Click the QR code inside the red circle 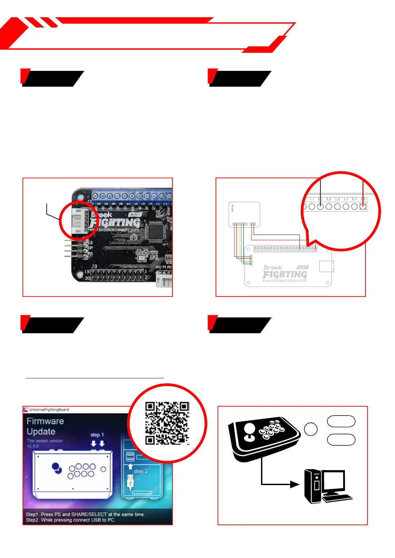(167, 423)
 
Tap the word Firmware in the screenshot (45, 421)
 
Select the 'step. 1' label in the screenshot (97, 434)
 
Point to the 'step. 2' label (141, 471)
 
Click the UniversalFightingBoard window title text (49, 410)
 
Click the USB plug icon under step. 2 (130, 482)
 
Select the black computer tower (313, 486)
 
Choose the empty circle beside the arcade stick (311, 429)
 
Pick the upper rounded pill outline (341, 421)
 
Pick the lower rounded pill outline (341, 440)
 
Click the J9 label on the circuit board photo (94, 266)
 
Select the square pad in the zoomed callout (363, 206)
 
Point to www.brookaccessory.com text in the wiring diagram (285, 281)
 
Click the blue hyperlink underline (95, 378)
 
